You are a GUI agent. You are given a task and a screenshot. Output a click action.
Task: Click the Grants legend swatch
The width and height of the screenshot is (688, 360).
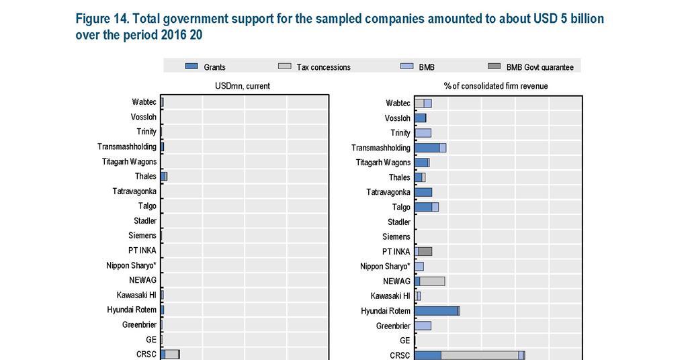(x=191, y=66)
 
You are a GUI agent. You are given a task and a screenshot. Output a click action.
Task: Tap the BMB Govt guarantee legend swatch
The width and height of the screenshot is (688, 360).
(x=494, y=66)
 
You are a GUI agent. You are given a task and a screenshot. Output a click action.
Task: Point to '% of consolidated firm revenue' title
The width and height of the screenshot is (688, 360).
(x=496, y=86)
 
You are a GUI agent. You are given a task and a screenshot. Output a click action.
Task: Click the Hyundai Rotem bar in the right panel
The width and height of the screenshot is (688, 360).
(x=436, y=311)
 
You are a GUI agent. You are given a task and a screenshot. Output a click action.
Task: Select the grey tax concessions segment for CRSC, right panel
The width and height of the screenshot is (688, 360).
(x=480, y=355)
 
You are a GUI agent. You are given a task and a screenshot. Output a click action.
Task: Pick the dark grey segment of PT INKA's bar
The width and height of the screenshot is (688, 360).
(x=425, y=251)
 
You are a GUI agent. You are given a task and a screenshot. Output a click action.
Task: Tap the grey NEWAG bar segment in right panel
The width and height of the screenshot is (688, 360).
(x=432, y=281)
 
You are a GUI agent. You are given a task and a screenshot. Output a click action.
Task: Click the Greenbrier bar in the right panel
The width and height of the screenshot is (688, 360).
(x=423, y=326)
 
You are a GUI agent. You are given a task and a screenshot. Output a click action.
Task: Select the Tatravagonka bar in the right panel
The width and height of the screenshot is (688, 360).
(x=423, y=192)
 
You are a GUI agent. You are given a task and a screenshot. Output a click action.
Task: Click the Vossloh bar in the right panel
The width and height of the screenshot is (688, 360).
(x=420, y=118)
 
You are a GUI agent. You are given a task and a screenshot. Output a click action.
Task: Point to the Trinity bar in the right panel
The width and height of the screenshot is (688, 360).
(x=423, y=133)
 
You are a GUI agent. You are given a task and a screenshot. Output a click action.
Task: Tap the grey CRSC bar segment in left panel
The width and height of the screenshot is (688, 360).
(x=172, y=355)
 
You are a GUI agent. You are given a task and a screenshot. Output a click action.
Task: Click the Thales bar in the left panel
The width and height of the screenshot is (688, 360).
(x=163, y=176)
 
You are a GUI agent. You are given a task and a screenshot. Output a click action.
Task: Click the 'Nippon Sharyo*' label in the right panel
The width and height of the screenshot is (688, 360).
(x=385, y=267)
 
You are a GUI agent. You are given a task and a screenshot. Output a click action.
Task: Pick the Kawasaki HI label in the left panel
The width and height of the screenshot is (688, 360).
(x=136, y=295)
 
